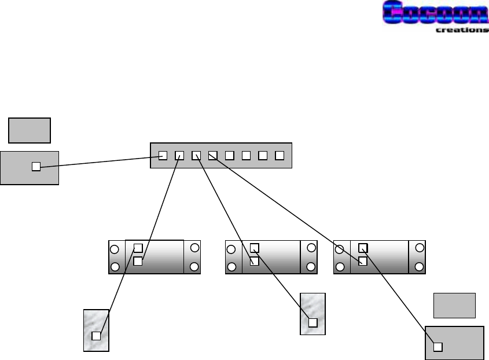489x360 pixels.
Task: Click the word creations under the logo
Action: (x=461, y=30)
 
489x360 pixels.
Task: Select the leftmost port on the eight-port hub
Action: (x=163, y=155)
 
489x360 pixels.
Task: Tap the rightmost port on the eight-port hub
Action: (x=280, y=155)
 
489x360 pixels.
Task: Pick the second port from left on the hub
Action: (x=179, y=155)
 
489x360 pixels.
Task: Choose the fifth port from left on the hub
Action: (x=229, y=155)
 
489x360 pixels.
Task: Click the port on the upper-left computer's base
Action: (x=36, y=167)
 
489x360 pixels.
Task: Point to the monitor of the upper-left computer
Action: (x=30, y=130)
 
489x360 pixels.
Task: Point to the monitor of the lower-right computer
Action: (x=455, y=305)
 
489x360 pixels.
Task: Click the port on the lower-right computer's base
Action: (x=438, y=347)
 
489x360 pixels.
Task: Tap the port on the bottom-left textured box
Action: (x=97, y=336)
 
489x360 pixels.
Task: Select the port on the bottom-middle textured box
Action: (x=312, y=323)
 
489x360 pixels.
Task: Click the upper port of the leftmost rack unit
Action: (x=138, y=248)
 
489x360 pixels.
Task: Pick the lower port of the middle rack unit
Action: (x=254, y=261)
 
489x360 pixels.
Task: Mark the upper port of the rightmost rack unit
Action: (x=362, y=248)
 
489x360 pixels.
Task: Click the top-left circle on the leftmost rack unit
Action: (x=115, y=250)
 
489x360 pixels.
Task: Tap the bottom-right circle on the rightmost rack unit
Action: (x=420, y=267)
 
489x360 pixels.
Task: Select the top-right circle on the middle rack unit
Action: (x=311, y=248)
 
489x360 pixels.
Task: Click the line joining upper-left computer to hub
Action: (x=98, y=161)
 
